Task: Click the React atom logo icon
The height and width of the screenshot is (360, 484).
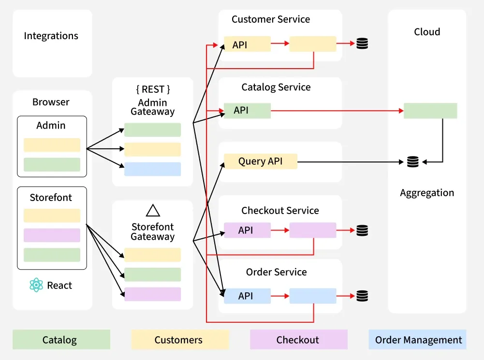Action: tap(36, 285)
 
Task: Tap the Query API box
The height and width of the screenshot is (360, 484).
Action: tap(260, 161)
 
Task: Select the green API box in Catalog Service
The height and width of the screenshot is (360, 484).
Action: tap(247, 111)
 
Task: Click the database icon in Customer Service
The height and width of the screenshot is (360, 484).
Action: tap(362, 43)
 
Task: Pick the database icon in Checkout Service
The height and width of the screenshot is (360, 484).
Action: tap(362, 230)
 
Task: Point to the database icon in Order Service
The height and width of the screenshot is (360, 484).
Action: tap(362, 296)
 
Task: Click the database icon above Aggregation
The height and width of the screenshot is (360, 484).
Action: tap(412, 161)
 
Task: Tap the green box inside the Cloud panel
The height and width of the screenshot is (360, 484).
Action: tap(430, 111)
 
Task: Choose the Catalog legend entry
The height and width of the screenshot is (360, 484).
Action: tap(61, 340)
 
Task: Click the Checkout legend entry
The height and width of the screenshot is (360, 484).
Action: tap(298, 340)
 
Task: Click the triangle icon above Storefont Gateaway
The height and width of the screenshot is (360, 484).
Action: tap(153, 210)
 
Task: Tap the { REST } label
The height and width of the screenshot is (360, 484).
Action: tap(153, 89)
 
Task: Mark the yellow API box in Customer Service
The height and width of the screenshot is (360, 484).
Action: tap(247, 44)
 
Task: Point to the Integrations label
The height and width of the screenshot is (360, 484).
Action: tap(51, 36)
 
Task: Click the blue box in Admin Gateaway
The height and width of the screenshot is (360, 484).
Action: tap(152, 169)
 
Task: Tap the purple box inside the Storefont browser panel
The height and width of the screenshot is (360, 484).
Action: tap(52, 235)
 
